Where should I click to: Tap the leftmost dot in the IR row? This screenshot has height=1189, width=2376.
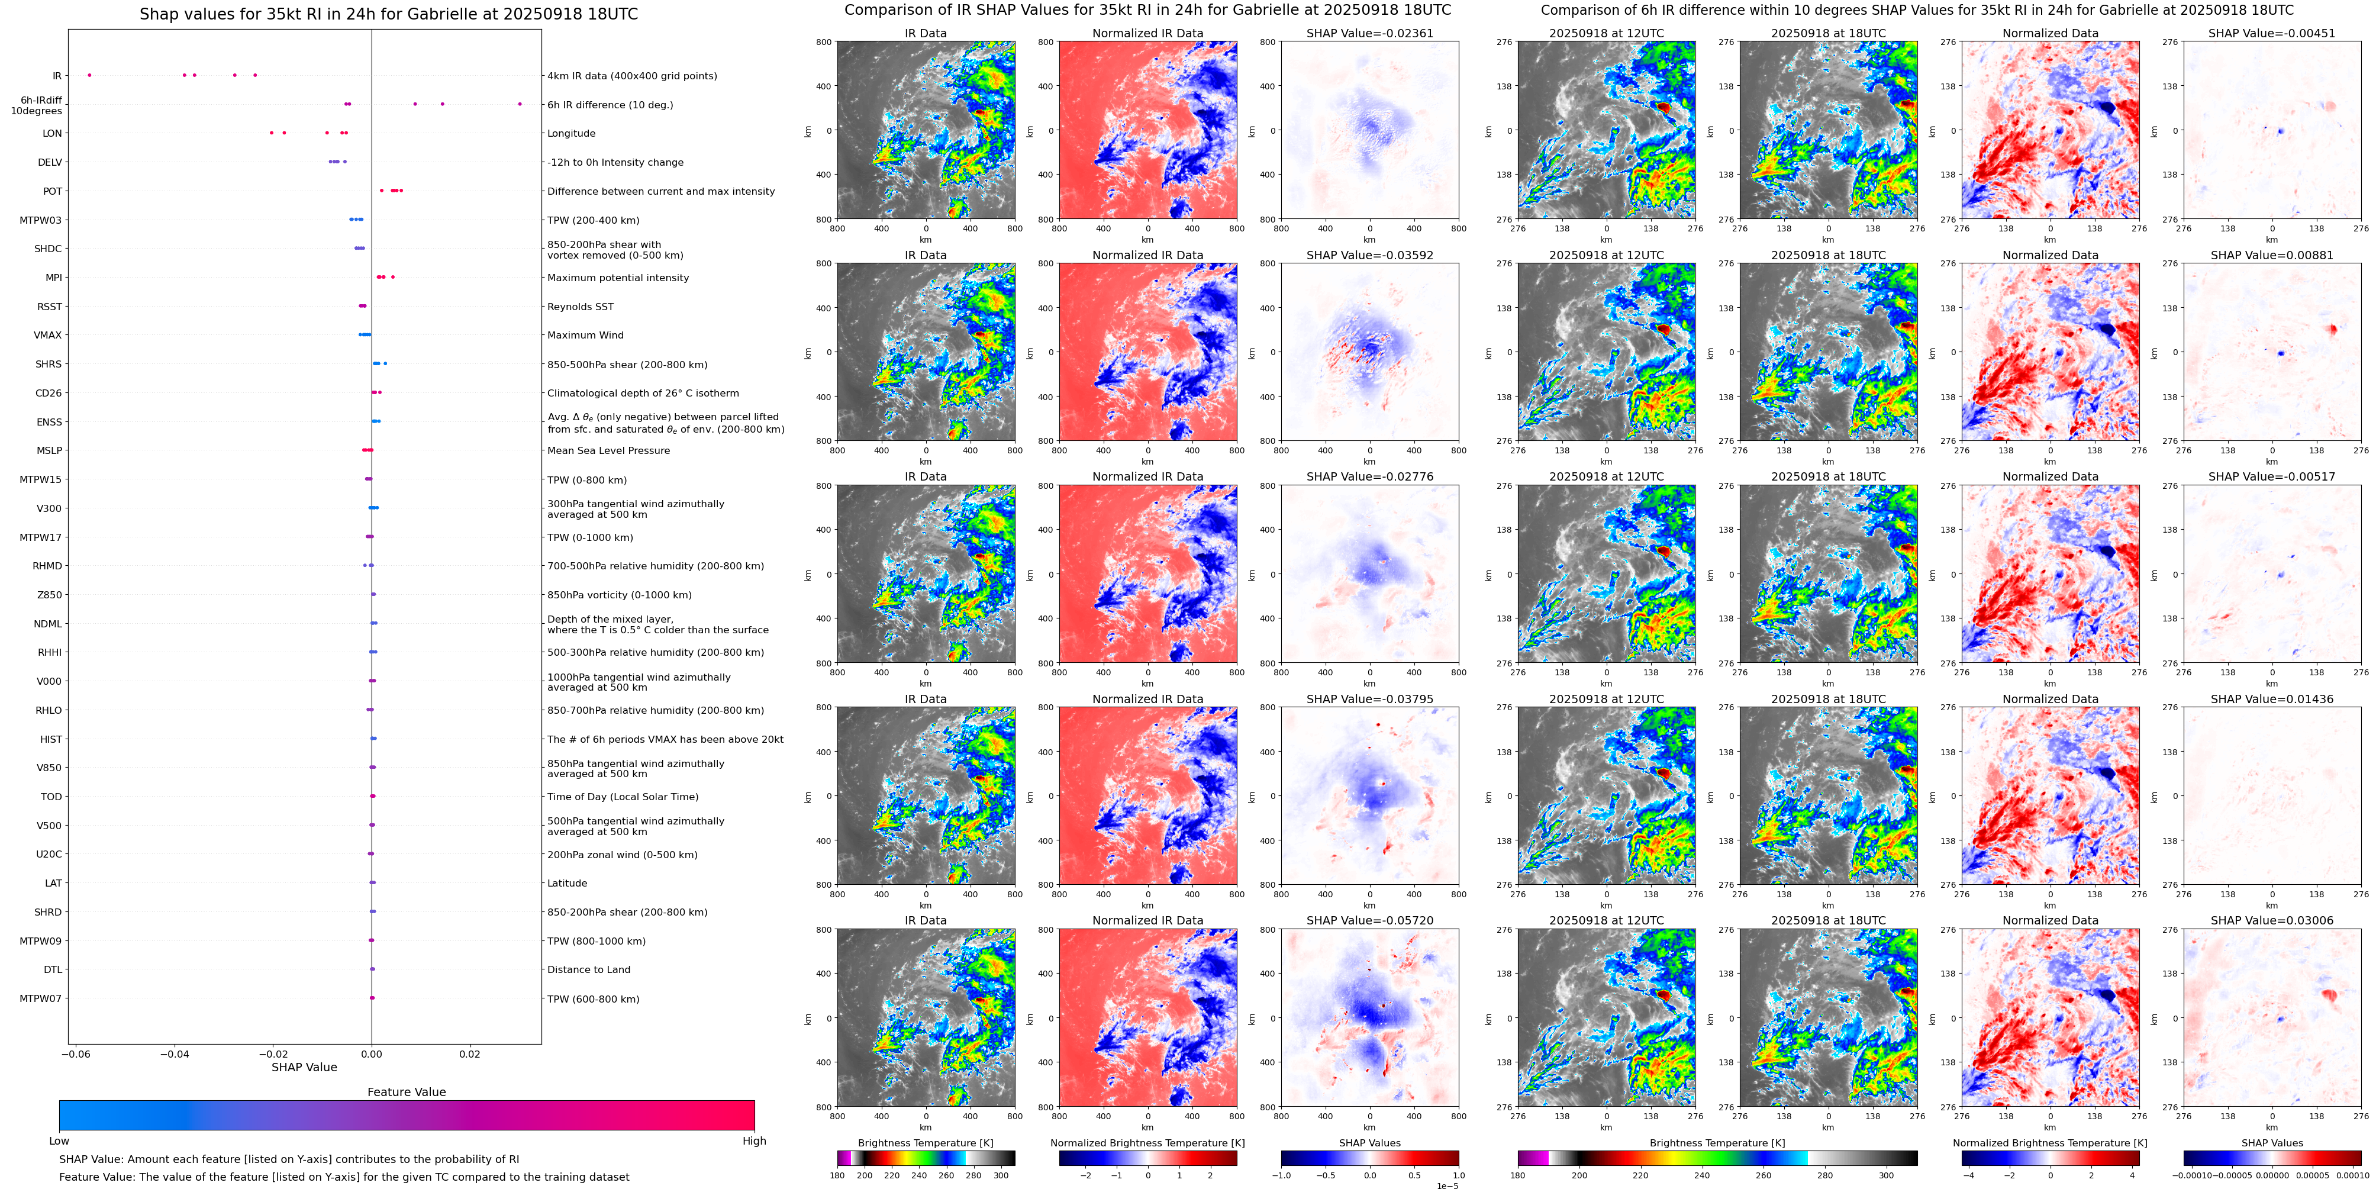pos(89,75)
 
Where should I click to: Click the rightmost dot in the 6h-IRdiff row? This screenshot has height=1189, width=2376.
pos(520,104)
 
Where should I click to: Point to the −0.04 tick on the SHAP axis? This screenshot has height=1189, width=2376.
pos(175,1053)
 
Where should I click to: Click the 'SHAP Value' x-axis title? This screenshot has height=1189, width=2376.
pos(304,1067)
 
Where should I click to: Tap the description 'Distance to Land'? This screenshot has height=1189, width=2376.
pos(588,969)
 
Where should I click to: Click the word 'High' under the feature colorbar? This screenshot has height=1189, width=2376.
pos(753,1141)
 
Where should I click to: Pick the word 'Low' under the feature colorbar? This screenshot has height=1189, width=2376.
pos(59,1141)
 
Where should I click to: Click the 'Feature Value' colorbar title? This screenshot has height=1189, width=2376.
pos(406,1092)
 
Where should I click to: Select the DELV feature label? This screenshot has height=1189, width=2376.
pos(50,162)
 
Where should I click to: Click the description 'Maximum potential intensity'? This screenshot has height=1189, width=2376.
pos(618,278)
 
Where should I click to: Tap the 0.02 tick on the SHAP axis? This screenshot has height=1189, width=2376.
pos(469,1053)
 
